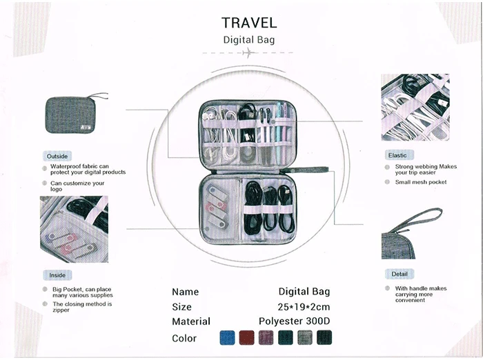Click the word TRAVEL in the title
click(249, 23)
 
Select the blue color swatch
click(227, 338)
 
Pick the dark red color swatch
click(246, 338)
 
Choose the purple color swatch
click(266, 338)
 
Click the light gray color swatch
click(304, 338)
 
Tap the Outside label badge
click(57, 157)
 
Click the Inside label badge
click(57, 275)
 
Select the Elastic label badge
click(398, 155)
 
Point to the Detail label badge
click(400, 274)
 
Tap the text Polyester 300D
click(295, 321)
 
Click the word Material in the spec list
click(191, 321)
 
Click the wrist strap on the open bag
click(314, 169)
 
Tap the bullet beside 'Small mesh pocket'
click(387, 182)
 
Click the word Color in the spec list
click(184, 338)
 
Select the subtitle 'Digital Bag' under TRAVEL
click(249, 39)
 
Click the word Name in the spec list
click(185, 292)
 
